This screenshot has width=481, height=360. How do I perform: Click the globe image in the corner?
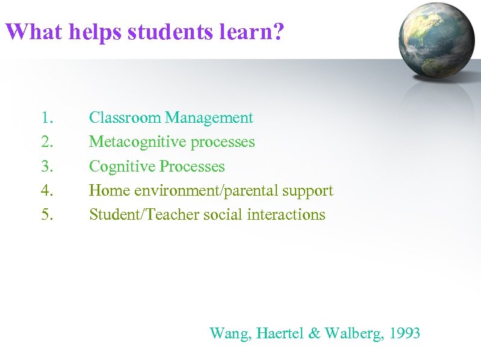click(x=438, y=40)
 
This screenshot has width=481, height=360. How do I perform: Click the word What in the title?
click(x=33, y=31)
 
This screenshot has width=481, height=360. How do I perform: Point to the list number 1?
click(x=47, y=118)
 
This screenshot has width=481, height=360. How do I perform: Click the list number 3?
click(x=47, y=167)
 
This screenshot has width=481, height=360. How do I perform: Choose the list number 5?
click(x=47, y=215)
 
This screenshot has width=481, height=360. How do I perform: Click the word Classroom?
click(x=125, y=118)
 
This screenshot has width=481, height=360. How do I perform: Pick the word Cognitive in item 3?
click(x=121, y=167)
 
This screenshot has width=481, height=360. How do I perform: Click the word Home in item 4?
click(x=110, y=191)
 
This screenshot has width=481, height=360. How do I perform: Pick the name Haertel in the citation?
click(x=280, y=333)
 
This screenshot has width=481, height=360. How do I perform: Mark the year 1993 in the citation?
click(x=404, y=333)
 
